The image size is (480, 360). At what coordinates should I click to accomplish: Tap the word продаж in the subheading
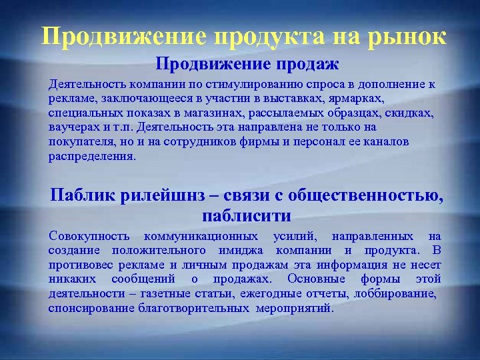click(309, 65)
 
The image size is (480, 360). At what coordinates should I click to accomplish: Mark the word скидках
click(409, 113)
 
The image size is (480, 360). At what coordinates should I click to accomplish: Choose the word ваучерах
click(72, 127)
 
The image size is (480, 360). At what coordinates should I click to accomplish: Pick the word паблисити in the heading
click(245, 216)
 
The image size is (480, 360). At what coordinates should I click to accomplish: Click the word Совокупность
click(89, 237)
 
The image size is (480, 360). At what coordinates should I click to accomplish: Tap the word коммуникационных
click(201, 237)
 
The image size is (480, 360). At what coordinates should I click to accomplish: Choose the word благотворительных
click(193, 309)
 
